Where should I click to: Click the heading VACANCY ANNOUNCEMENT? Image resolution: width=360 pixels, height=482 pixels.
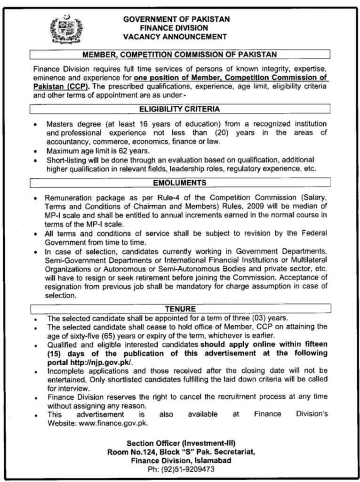tap(175, 36)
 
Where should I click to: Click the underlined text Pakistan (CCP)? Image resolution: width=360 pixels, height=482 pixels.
tap(62, 87)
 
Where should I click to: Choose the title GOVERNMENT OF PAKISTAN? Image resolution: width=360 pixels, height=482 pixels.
tap(176, 19)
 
